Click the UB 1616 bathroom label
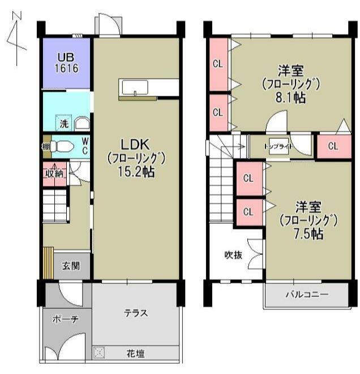point(66,62)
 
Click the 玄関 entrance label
point(71,265)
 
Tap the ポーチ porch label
point(65,319)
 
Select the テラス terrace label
point(136,313)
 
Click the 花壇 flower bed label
point(135,354)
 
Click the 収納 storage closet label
point(54,174)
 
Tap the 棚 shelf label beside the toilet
point(46,146)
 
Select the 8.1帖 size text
point(291,97)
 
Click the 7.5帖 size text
point(308,233)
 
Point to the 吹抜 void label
point(234,255)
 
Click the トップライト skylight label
point(278,146)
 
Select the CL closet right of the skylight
point(332,146)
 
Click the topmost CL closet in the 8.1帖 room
point(217,63)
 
